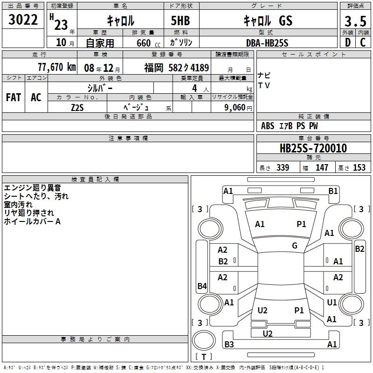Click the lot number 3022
(23, 21)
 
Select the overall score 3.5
(354, 21)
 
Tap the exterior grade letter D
(347, 42)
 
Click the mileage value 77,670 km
(56, 67)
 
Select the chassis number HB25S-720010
(313, 149)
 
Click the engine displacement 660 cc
(143, 43)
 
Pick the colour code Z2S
(77, 107)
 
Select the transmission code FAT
(14, 97)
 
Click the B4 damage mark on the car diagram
(202, 286)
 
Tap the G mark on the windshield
(295, 246)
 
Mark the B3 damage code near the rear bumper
(229, 345)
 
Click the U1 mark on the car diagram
(332, 303)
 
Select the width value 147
(322, 168)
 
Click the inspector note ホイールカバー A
(32, 221)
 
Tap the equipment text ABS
(268, 126)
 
